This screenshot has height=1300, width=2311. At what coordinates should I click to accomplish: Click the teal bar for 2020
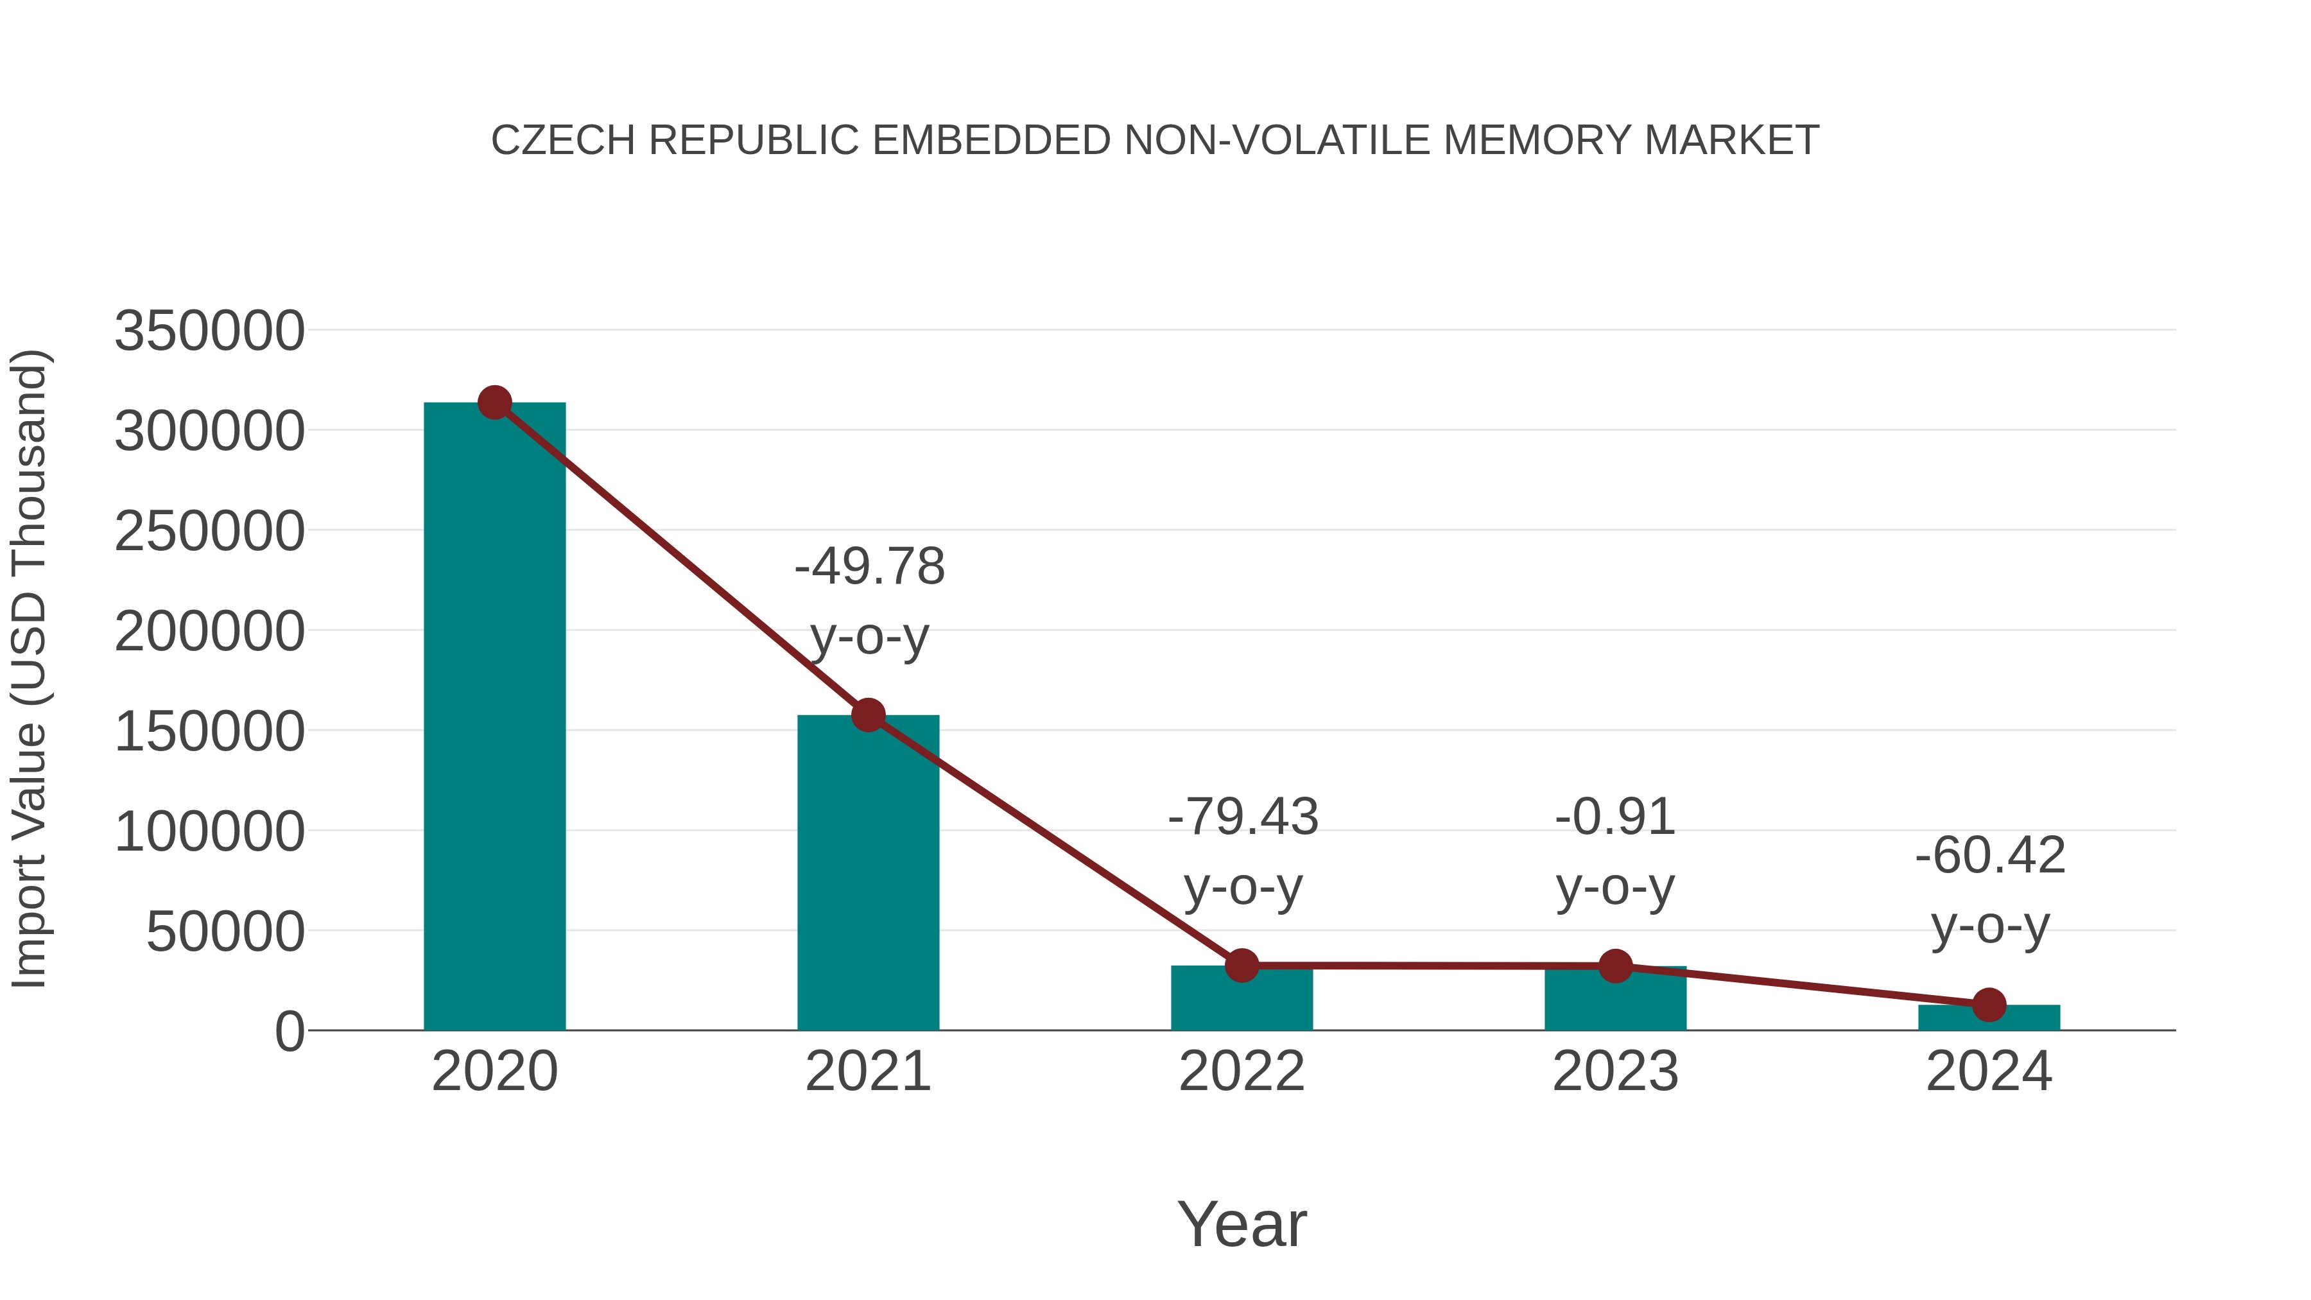[494, 718]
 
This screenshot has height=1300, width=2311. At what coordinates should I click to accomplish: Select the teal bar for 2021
[867, 875]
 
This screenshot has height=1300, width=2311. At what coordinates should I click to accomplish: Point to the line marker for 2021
[867, 715]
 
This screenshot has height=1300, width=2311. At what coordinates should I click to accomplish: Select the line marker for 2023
[1615, 966]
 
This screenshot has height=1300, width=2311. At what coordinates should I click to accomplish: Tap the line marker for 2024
[1989, 1005]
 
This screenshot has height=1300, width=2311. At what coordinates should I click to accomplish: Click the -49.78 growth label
[869, 567]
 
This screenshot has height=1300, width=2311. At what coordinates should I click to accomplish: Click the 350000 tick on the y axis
[209, 331]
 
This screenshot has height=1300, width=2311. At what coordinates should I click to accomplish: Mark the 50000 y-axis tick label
[225, 932]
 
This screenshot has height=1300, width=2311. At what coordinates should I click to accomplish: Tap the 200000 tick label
[209, 632]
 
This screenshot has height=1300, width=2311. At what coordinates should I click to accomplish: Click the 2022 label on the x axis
[1242, 1071]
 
